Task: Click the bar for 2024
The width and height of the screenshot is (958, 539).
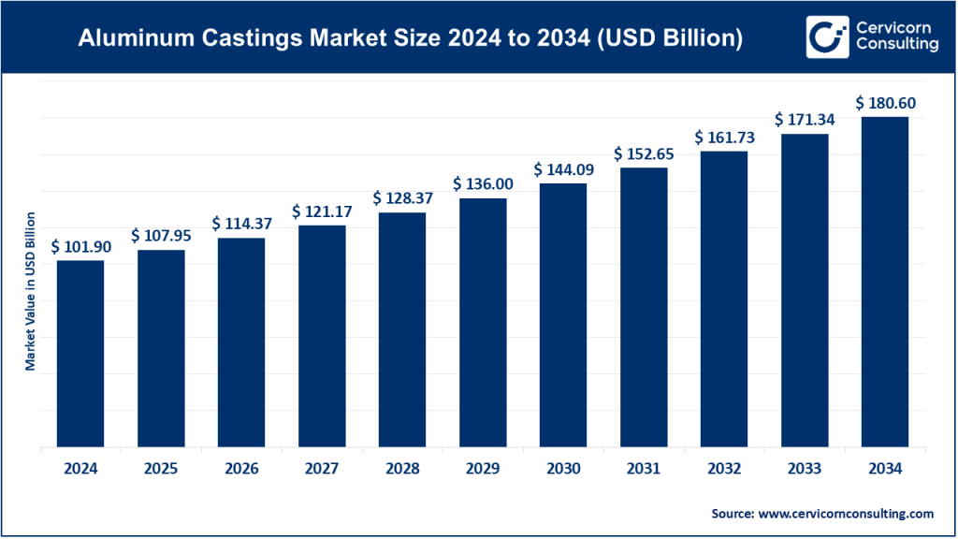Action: [x=80, y=354]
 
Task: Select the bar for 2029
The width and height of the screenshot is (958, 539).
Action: [x=482, y=323]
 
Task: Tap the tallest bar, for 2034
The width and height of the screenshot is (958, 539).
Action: [x=884, y=282]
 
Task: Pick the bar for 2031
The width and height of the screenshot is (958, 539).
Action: [x=643, y=308]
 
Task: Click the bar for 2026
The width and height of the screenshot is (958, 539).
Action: [x=241, y=342]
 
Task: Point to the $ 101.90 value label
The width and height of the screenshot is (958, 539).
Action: [x=80, y=246]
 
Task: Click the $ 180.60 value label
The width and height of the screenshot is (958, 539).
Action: [x=884, y=102]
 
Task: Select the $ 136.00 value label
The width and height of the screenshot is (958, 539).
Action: [x=482, y=183]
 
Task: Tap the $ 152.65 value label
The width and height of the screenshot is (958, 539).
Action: [x=643, y=153]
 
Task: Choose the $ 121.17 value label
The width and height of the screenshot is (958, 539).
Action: [x=321, y=211]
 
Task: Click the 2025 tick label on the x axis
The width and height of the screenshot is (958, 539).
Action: [x=161, y=470]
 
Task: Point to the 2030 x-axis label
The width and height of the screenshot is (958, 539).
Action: [x=562, y=470]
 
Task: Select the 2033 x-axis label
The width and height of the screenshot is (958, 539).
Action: [x=804, y=470]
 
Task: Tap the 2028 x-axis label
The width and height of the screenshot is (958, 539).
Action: [x=402, y=470]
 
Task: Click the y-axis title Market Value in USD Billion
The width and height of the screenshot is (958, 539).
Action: [x=31, y=291]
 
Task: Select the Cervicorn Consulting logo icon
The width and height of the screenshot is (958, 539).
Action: [x=824, y=37]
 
